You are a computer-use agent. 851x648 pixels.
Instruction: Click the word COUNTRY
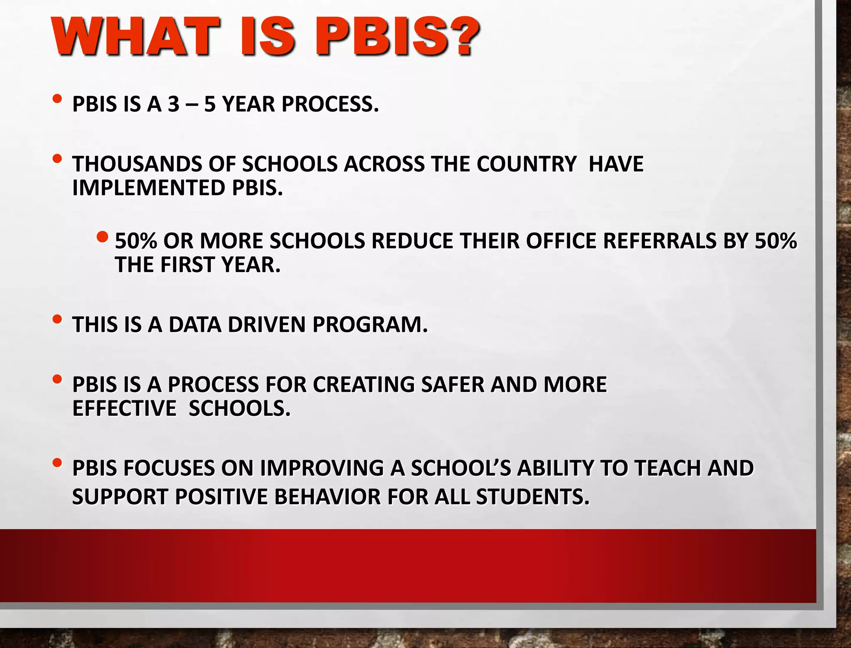tap(526, 164)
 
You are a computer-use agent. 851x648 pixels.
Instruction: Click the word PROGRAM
tap(370, 324)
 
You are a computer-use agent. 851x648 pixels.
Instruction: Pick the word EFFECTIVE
tap(124, 408)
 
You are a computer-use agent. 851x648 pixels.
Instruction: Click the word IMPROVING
tap(322, 468)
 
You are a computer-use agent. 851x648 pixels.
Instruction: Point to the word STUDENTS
tap(533, 497)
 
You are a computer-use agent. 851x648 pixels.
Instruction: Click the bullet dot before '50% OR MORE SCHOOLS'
tap(102, 237)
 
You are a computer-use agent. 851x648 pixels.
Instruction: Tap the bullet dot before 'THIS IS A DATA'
tap(57, 319)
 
